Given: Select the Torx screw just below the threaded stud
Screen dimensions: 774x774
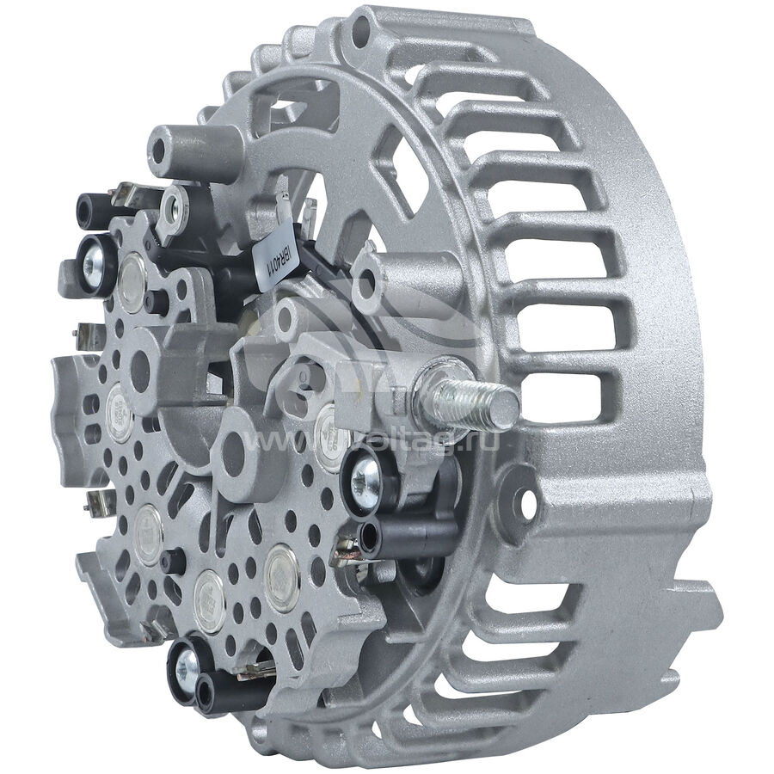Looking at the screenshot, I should [x=366, y=472].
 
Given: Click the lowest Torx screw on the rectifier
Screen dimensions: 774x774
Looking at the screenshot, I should [x=186, y=662].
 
